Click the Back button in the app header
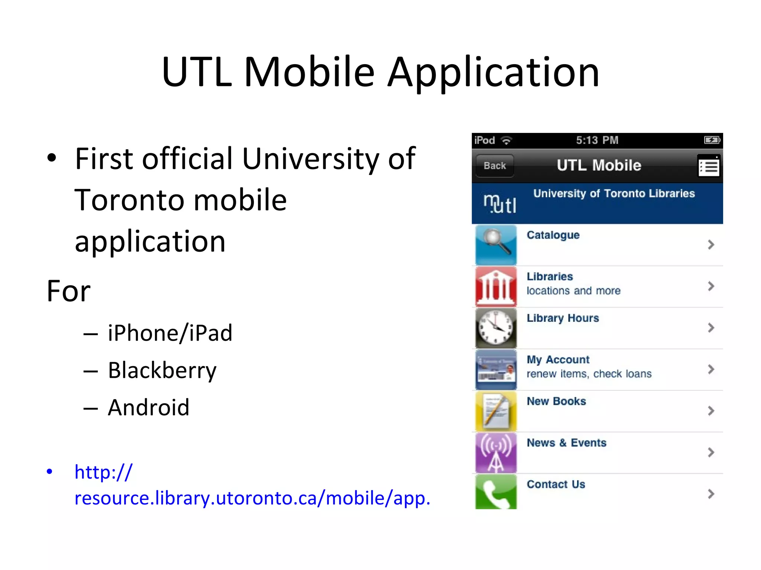point(495,166)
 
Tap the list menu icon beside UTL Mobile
point(709,167)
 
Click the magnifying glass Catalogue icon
point(496,245)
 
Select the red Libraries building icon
point(496,286)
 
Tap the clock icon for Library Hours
point(496,328)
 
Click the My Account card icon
point(496,369)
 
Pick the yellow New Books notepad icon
point(496,411)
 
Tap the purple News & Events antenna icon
point(496,452)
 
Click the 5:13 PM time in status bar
point(597,140)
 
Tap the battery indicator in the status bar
point(712,140)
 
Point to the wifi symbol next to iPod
point(506,141)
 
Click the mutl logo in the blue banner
point(500,204)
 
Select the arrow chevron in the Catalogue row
point(711,245)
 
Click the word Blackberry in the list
point(162,370)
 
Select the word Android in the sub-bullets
point(149,407)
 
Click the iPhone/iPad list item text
point(170,333)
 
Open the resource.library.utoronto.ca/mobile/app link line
point(252,498)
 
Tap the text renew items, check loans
point(589,374)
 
